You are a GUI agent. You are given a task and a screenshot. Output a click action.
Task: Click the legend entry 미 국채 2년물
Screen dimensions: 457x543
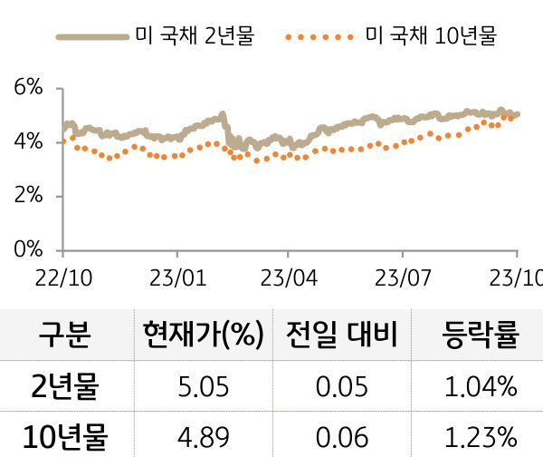155,37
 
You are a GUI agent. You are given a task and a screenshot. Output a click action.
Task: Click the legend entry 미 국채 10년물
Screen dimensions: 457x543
389,37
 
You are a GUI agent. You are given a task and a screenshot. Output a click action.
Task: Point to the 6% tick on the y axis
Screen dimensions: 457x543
28,88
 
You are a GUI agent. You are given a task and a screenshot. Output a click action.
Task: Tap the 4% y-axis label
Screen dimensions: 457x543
28,142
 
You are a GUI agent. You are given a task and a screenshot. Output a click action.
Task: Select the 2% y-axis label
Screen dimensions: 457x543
28,196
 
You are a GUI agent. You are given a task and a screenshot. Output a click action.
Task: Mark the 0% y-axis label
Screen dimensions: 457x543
28,249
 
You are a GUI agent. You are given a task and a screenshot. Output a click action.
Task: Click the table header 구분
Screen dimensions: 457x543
64,335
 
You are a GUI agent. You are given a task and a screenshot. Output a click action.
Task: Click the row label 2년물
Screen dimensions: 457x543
64,388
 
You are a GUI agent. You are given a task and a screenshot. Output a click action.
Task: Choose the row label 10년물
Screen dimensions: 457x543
64,437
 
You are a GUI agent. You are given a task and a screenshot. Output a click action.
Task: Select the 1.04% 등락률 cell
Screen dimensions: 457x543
481,388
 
